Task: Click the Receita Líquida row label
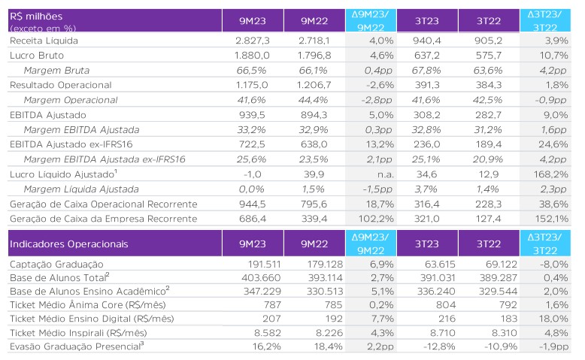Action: click(44, 41)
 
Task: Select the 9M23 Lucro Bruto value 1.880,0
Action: click(252, 56)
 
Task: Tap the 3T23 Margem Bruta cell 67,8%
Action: click(426, 71)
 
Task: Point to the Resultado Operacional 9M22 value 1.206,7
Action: click(314, 85)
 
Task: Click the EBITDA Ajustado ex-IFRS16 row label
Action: click(71, 144)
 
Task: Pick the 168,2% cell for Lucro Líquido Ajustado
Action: click(553, 174)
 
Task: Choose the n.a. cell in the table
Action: click(385, 174)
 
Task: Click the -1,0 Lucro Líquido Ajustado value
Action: click(252, 174)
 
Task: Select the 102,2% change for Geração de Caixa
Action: click(376, 219)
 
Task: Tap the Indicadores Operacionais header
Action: click(68, 244)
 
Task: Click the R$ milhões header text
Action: click(36, 17)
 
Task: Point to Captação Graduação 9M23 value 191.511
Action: click(264, 265)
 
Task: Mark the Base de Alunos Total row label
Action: click(59, 277)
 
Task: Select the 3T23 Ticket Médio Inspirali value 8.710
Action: click(439, 333)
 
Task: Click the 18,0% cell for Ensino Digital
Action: click(556, 319)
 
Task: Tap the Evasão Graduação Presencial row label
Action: click(77, 346)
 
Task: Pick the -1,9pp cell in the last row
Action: click(553, 346)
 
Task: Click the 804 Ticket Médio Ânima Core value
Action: click(446, 305)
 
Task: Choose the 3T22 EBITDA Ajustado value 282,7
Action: click(488, 115)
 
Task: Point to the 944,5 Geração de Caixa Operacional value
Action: click(253, 204)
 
